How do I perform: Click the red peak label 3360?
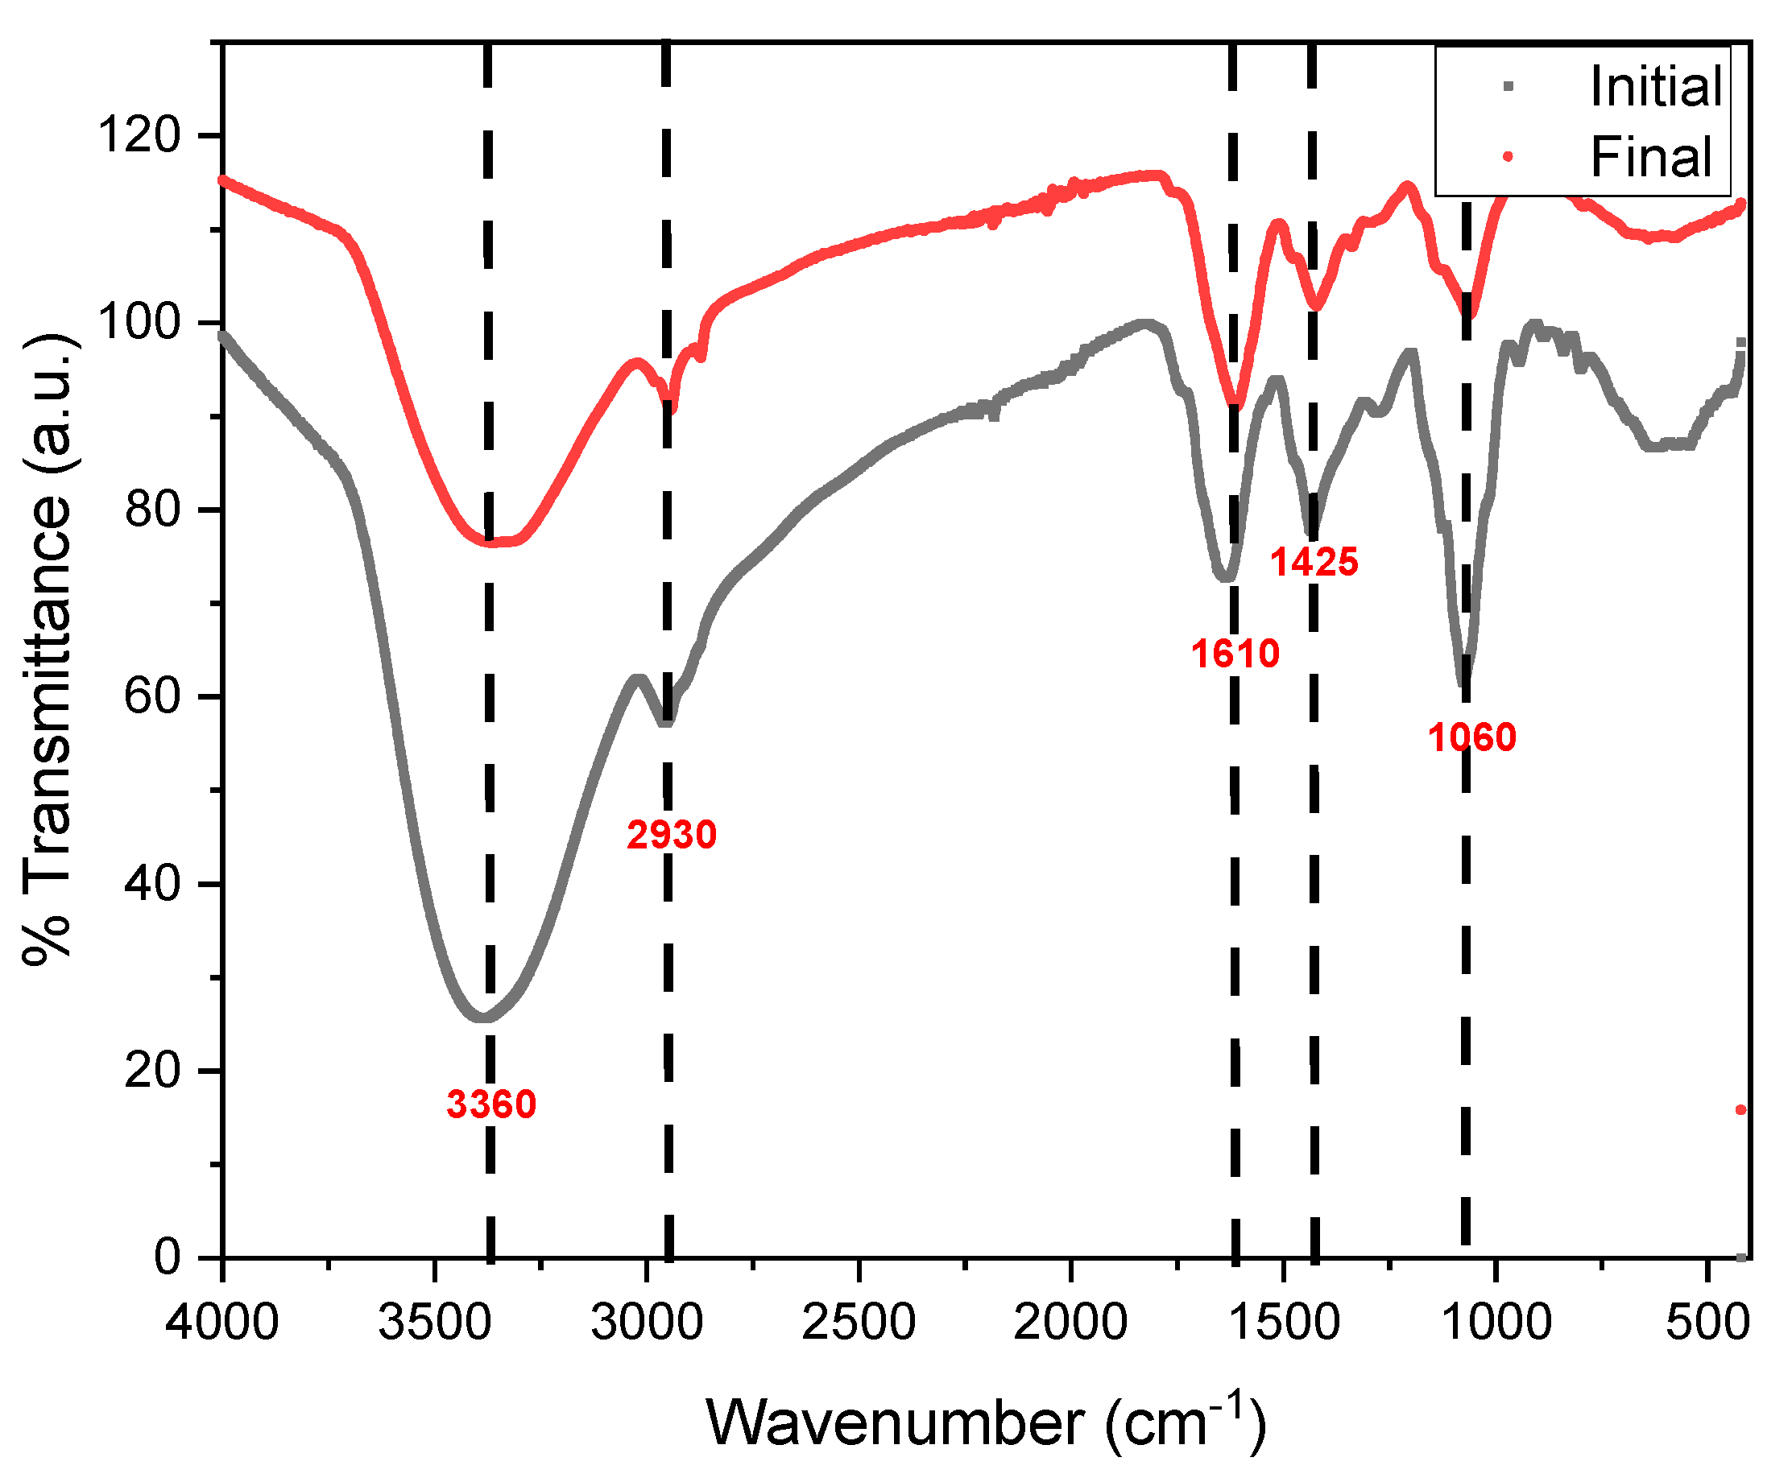[491, 1105]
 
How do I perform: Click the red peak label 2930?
[671, 836]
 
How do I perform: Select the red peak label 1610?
[1235, 654]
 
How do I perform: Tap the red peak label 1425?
[1314, 562]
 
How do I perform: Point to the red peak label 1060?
[1472, 737]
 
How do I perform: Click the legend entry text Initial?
[1656, 87]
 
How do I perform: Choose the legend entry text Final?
[1650, 157]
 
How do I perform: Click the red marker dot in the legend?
[1508, 156]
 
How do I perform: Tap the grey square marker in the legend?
[1509, 86]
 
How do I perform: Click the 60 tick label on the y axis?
[152, 696]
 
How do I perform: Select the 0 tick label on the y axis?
[168, 1257]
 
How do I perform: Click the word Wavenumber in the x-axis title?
[895, 1422]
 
